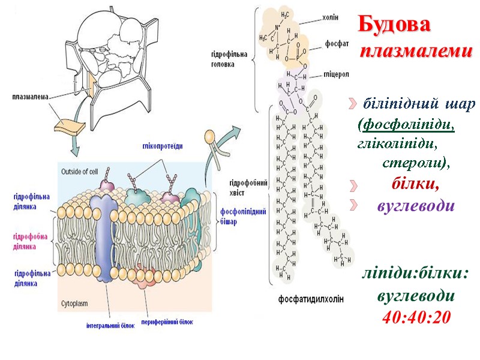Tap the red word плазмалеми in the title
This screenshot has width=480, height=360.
tap(416, 52)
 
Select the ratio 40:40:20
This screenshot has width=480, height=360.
tap(416, 316)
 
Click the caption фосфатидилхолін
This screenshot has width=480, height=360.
tap(311, 299)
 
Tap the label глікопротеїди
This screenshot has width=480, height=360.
tap(163, 146)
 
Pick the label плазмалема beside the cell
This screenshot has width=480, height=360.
tap(30, 96)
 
